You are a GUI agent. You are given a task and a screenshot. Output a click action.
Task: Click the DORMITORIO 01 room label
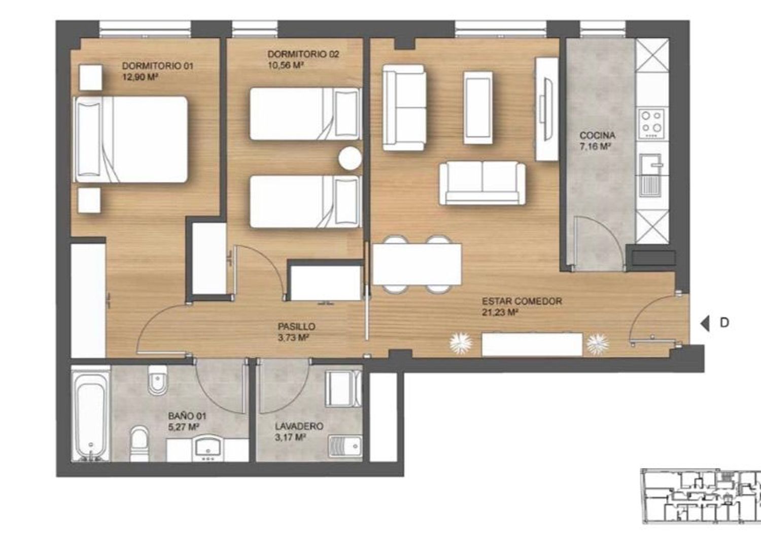click(158, 65)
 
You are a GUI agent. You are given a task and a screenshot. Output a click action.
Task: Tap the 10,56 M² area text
click(286, 65)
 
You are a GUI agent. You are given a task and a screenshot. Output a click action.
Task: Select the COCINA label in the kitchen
click(597, 136)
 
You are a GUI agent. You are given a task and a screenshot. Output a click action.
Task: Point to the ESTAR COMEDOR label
click(522, 301)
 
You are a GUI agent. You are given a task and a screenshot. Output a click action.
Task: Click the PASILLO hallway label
click(297, 327)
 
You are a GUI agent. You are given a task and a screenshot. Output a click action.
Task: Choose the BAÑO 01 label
click(187, 416)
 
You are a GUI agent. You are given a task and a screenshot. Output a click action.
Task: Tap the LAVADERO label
click(299, 426)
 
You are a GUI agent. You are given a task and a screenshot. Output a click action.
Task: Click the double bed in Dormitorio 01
click(131, 140)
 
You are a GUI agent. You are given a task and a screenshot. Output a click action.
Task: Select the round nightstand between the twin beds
click(350, 158)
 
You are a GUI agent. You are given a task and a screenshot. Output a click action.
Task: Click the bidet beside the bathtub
click(158, 380)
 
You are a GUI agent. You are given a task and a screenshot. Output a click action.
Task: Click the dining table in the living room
click(417, 264)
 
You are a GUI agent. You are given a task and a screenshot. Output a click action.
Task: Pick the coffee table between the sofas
click(478, 108)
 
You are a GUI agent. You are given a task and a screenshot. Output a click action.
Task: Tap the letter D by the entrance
click(724, 322)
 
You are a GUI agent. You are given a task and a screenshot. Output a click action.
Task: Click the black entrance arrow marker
click(705, 323)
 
